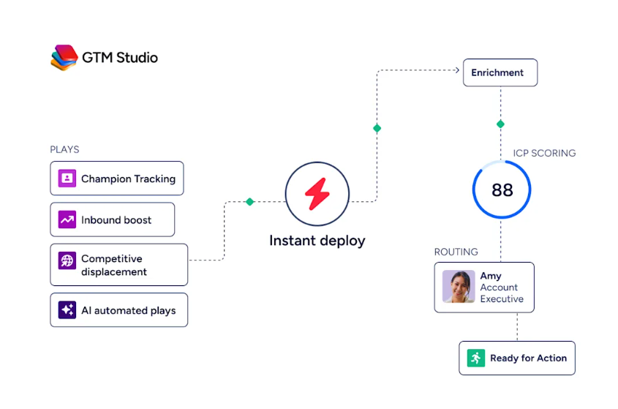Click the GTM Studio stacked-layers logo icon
(64, 58)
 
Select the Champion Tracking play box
(117, 179)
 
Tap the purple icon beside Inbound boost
(67, 219)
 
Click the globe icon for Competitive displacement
(67, 260)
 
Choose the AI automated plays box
(119, 310)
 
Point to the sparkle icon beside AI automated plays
(67, 310)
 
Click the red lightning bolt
(317, 194)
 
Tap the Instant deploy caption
(317, 241)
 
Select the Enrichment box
(500, 72)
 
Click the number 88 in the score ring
(502, 190)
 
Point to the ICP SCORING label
(544, 153)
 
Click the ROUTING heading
(456, 252)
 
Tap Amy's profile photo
(459, 287)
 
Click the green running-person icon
(475, 358)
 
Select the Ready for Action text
(529, 358)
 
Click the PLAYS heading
(64, 149)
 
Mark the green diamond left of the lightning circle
(249, 202)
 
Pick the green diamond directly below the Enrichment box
(500, 124)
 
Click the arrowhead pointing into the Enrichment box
(457, 70)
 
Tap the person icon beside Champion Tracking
(67, 179)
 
